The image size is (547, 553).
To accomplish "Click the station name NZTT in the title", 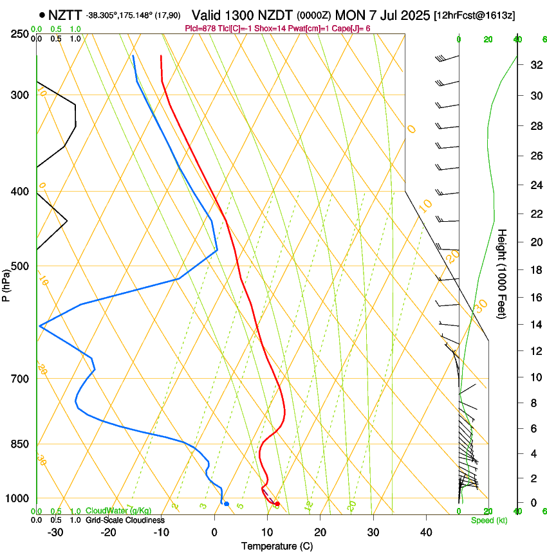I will point(66,15).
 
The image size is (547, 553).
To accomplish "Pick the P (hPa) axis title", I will point(6,284).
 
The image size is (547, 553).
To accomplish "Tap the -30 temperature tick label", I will point(55,532).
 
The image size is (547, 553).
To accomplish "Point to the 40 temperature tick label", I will point(425,532).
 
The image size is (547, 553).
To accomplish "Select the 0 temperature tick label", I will point(214,532).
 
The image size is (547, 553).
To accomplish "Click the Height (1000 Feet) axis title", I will point(502,273).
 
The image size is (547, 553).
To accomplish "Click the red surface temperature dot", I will point(277,503).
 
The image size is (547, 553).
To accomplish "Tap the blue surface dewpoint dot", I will point(226,503).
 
